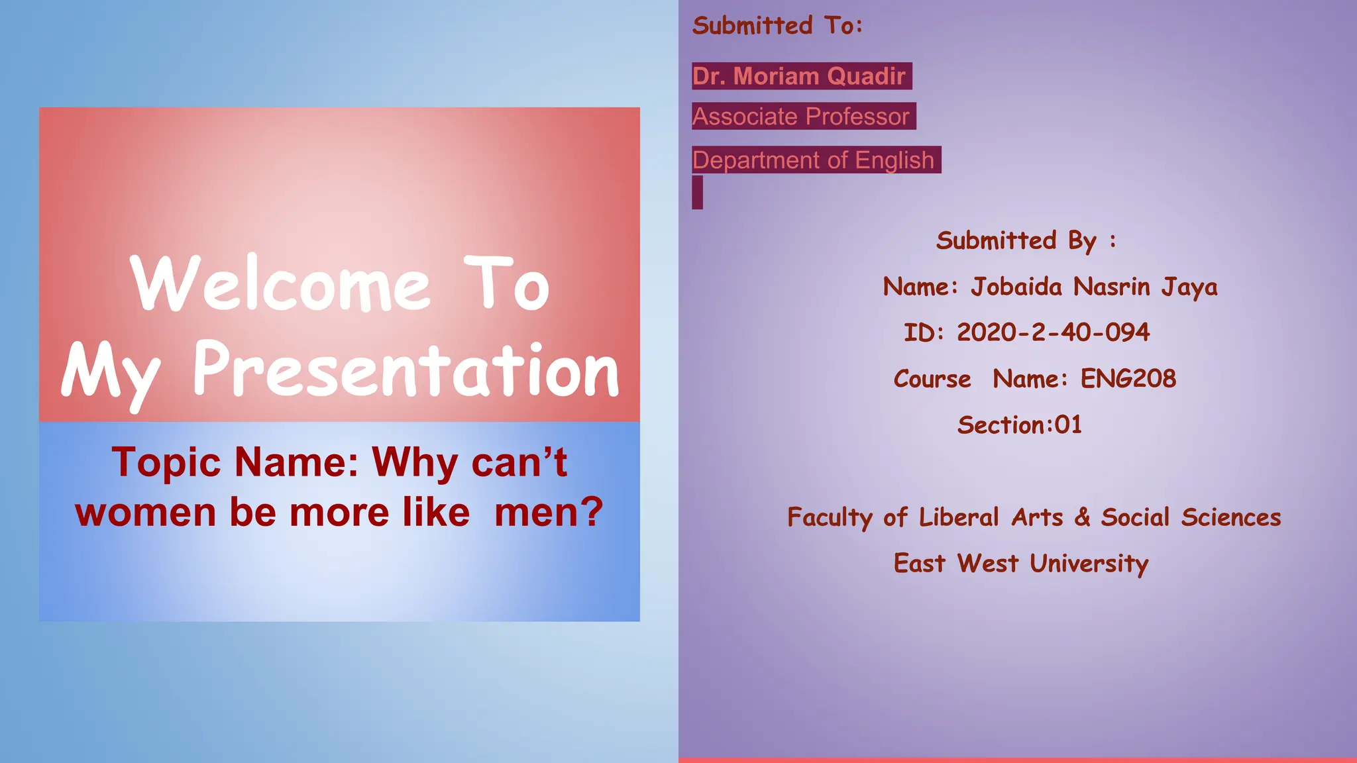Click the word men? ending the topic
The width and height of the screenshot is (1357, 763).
tap(549, 513)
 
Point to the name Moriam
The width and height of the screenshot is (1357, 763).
tap(776, 76)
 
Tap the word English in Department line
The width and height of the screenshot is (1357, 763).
tap(895, 160)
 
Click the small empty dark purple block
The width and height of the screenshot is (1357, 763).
tap(697, 193)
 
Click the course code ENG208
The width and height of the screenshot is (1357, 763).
tap(1128, 379)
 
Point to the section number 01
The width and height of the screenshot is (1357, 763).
tap(1068, 425)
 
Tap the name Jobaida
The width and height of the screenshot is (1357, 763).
tap(1016, 287)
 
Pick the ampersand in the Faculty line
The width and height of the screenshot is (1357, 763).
tap(1082, 517)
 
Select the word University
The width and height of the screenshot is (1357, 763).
tap(1089, 564)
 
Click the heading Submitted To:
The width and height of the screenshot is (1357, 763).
tap(777, 26)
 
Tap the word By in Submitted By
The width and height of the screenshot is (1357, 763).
tap(1082, 241)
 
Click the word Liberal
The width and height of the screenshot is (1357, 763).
tap(959, 517)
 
